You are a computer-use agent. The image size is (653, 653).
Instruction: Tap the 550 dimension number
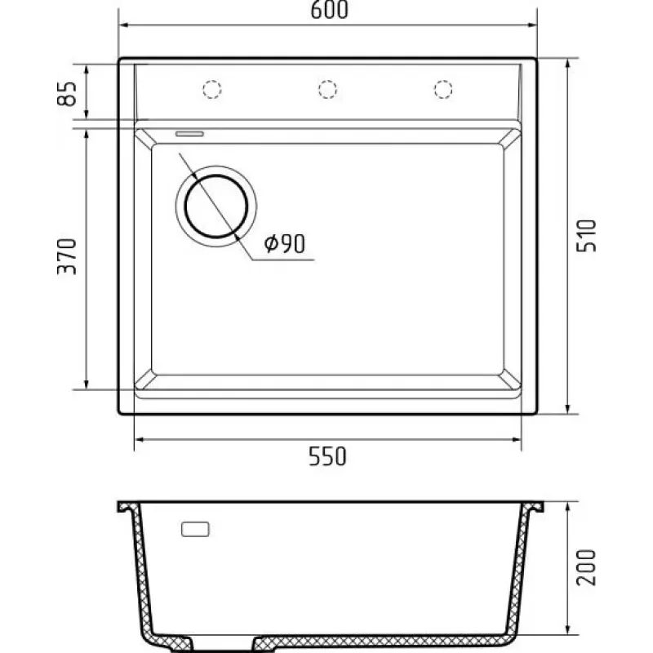pos(327,456)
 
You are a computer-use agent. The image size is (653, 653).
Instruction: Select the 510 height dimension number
pos(586,236)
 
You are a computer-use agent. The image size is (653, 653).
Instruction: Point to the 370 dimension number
pos(67,256)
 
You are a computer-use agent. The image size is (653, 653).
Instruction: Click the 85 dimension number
pos(67,94)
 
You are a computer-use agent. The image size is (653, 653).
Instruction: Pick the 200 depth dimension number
pos(586,567)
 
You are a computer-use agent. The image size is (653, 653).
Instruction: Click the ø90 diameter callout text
pos(285,243)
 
